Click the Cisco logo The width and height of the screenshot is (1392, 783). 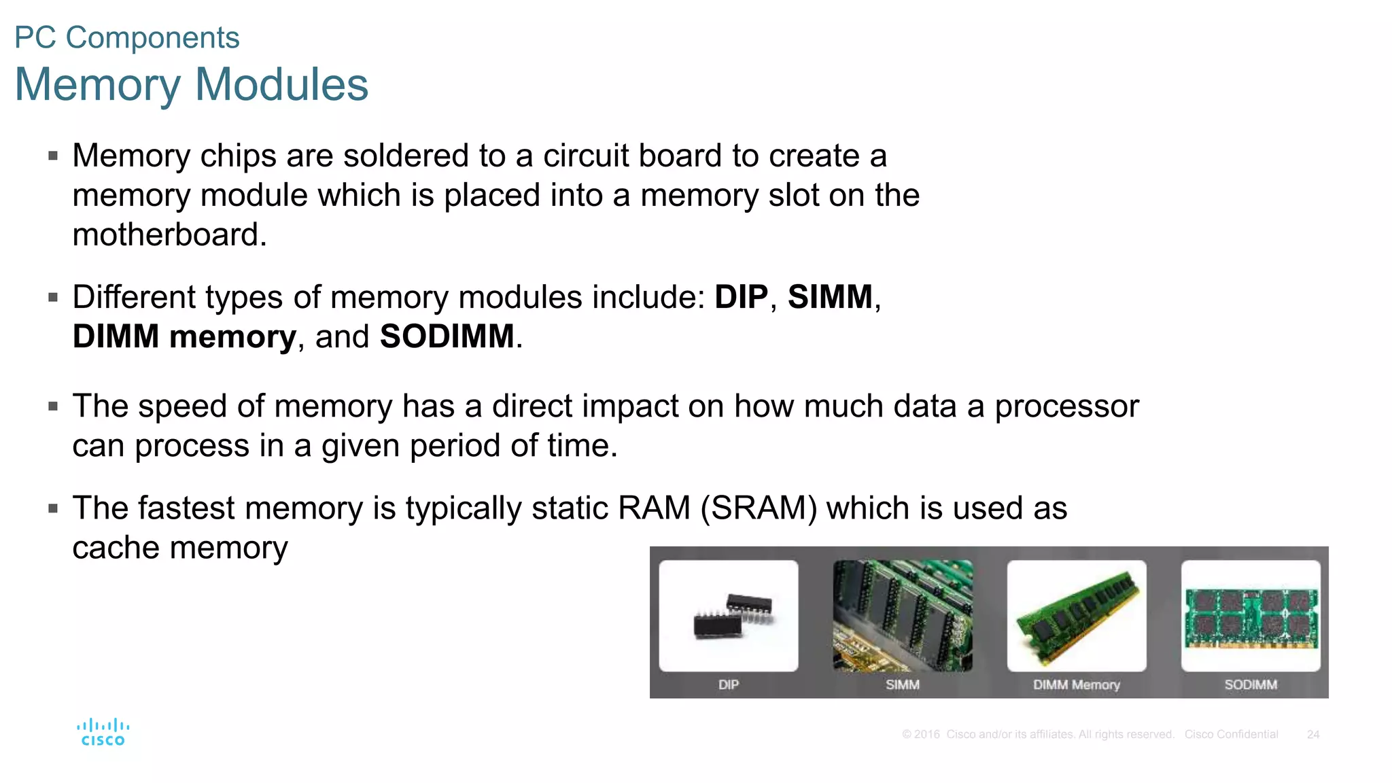(103, 732)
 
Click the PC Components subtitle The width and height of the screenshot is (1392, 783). (127, 37)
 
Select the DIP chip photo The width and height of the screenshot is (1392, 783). (729, 616)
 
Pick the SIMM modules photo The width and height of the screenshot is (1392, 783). (903, 616)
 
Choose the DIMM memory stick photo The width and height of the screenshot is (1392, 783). (1077, 616)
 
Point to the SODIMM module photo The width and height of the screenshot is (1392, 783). (1251, 616)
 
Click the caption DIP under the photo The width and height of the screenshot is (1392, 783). (729, 684)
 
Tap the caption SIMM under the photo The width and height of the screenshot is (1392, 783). (903, 684)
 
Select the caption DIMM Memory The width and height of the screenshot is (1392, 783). (1077, 684)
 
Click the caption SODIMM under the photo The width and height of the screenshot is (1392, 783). (1251, 684)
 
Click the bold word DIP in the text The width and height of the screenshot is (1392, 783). (741, 297)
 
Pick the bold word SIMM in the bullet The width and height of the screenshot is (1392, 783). (830, 297)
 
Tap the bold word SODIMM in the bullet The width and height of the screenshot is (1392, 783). (447, 336)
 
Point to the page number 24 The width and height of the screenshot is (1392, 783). (1313, 735)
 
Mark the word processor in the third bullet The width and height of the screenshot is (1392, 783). (1066, 406)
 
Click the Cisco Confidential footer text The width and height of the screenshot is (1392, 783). (1231, 735)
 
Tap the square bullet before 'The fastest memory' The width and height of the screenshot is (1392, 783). (54, 508)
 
